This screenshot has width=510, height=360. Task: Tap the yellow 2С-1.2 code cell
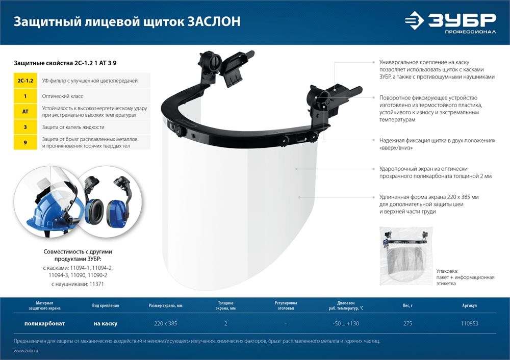(x=25, y=81)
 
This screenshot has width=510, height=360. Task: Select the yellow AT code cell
(x=25, y=112)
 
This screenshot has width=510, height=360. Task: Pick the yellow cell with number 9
(x=25, y=142)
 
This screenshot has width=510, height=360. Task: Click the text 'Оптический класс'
(x=63, y=96)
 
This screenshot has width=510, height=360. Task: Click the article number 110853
(x=469, y=324)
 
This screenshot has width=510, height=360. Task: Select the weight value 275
(x=407, y=324)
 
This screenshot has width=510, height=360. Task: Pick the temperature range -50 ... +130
(x=346, y=324)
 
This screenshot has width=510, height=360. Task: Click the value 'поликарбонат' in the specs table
(x=45, y=324)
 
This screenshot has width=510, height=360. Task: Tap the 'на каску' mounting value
(x=106, y=324)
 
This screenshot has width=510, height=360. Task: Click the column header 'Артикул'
(x=469, y=306)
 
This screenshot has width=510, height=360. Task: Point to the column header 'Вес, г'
(x=407, y=306)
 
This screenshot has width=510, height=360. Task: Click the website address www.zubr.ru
(x=26, y=351)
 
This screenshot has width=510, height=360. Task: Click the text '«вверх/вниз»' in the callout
(x=396, y=148)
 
